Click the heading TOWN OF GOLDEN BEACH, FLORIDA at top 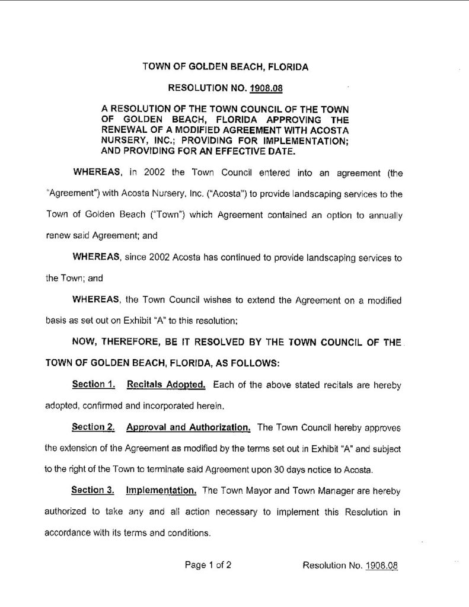pos(225,68)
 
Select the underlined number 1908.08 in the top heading pos(266,89)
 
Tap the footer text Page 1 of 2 pos(208,565)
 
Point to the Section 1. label pos(93,385)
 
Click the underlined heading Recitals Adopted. pos(166,385)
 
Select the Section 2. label pos(93,427)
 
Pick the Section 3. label pos(92,490)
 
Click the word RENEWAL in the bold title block pos(125,130)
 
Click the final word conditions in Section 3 pos(190,532)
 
